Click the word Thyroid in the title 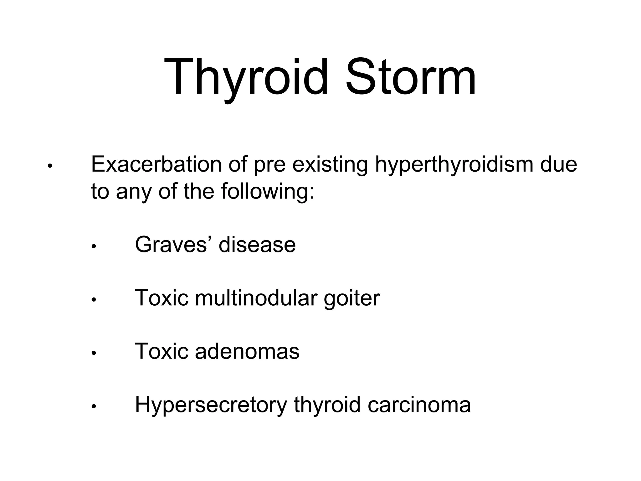click(246, 77)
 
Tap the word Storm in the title click(410, 77)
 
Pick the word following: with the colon click(268, 191)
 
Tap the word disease click(257, 245)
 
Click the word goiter click(352, 298)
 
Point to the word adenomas click(247, 351)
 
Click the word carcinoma click(419, 405)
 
